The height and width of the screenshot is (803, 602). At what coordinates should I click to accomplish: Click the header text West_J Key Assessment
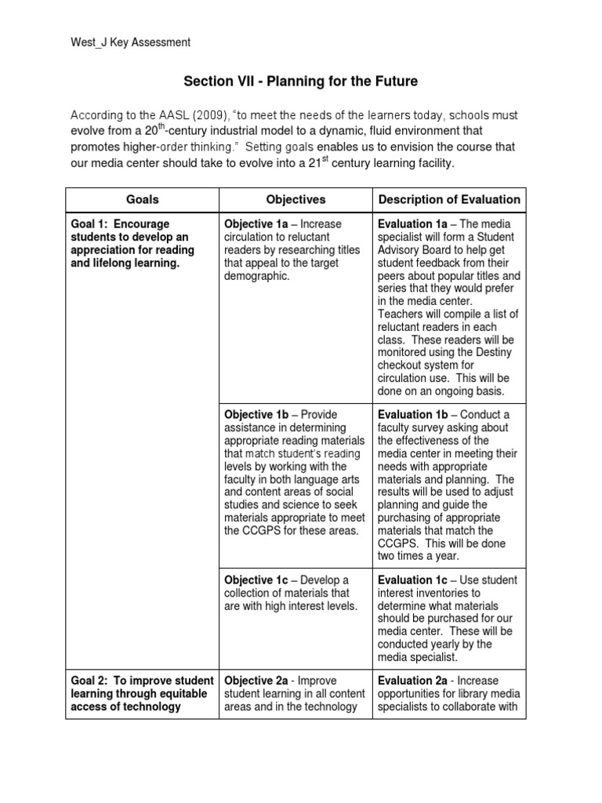tap(129, 43)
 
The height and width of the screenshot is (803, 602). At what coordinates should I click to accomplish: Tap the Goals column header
tap(142, 200)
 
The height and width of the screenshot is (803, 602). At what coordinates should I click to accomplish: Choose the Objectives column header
tap(295, 200)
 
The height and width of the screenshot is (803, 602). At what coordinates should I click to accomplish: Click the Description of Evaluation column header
tap(449, 200)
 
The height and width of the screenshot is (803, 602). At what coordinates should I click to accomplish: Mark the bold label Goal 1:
tap(93, 224)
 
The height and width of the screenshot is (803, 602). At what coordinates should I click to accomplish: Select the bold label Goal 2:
tap(93, 680)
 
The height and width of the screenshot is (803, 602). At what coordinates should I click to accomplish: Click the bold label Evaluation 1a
tap(415, 224)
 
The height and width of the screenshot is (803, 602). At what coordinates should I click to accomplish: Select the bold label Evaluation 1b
tap(415, 415)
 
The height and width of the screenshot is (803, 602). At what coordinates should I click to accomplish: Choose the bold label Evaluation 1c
tap(415, 580)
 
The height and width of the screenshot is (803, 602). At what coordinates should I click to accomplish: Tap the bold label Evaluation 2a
tap(415, 680)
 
